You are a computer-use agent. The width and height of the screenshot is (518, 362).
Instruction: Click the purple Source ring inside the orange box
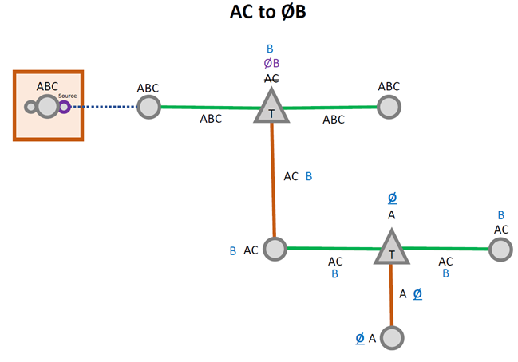64,106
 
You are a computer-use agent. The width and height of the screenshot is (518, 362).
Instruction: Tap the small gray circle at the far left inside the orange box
31,106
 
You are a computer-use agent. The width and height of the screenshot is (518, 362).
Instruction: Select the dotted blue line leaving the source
104,106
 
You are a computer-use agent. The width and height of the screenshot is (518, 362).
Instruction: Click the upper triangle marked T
271,108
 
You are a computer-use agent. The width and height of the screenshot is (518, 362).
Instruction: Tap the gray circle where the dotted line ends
148,106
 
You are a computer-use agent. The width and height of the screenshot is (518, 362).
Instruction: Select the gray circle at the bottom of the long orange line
275,249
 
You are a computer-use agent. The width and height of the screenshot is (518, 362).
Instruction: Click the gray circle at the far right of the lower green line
500,249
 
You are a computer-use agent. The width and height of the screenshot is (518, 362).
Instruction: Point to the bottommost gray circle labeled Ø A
390,337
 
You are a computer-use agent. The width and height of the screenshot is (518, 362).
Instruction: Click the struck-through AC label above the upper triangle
271,78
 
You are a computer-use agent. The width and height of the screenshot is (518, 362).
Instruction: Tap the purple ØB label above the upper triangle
271,64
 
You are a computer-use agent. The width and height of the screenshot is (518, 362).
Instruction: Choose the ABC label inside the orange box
48,86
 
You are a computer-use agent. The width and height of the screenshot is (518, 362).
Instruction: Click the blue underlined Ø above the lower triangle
391,198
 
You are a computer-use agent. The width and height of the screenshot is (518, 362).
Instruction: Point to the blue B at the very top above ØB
271,49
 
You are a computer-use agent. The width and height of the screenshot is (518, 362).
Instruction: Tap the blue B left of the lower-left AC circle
233,250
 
